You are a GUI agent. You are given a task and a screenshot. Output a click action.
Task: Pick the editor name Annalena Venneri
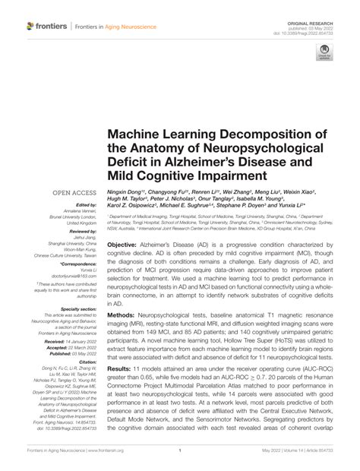pyautogui.click(x=78, y=212)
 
